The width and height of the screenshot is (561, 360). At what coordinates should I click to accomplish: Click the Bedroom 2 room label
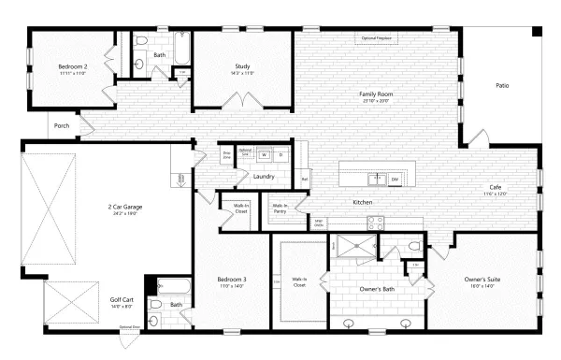pos(73,67)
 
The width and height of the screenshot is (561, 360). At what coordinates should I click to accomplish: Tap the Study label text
pos(242,67)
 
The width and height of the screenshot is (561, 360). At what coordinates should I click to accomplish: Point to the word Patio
pos(502,86)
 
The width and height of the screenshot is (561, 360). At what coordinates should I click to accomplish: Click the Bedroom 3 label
pos(231,281)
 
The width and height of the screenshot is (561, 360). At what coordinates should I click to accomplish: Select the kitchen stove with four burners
pos(378,223)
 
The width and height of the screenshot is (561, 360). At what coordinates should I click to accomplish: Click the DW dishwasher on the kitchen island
pos(395,178)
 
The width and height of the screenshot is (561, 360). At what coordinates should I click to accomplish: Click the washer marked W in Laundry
pos(265,156)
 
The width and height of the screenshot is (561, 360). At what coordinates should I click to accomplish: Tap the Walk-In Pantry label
pos(279,209)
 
